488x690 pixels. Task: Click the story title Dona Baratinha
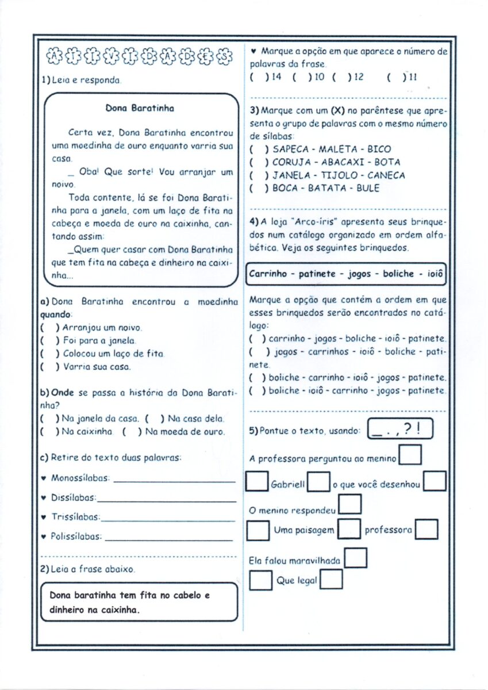click(x=140, y=108)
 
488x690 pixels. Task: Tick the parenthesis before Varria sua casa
click(x=48, y=366)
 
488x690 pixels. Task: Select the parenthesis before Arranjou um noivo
click(x=48, y=328)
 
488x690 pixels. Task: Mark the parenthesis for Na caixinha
click(x=48, y=431)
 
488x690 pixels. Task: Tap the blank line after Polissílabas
click(x=170, y=538)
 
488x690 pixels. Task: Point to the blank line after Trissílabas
click(x=168, y=518)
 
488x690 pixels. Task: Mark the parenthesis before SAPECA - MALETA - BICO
click(x=258, y=149)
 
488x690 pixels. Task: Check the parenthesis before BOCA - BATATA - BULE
click(x=258, y=188)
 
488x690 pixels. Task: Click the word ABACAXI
click(x=332, y=162)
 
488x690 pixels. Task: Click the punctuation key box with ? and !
click(x=399, y=430)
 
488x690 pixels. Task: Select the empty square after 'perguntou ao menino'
click(x=410, y=455)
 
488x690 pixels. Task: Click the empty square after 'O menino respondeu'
click(x=350, y=504)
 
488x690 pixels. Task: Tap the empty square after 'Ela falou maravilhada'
click(x=356, y=557)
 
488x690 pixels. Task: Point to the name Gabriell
click(x=287, y=485)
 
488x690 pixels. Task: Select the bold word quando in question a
click(x=56, y=315)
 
